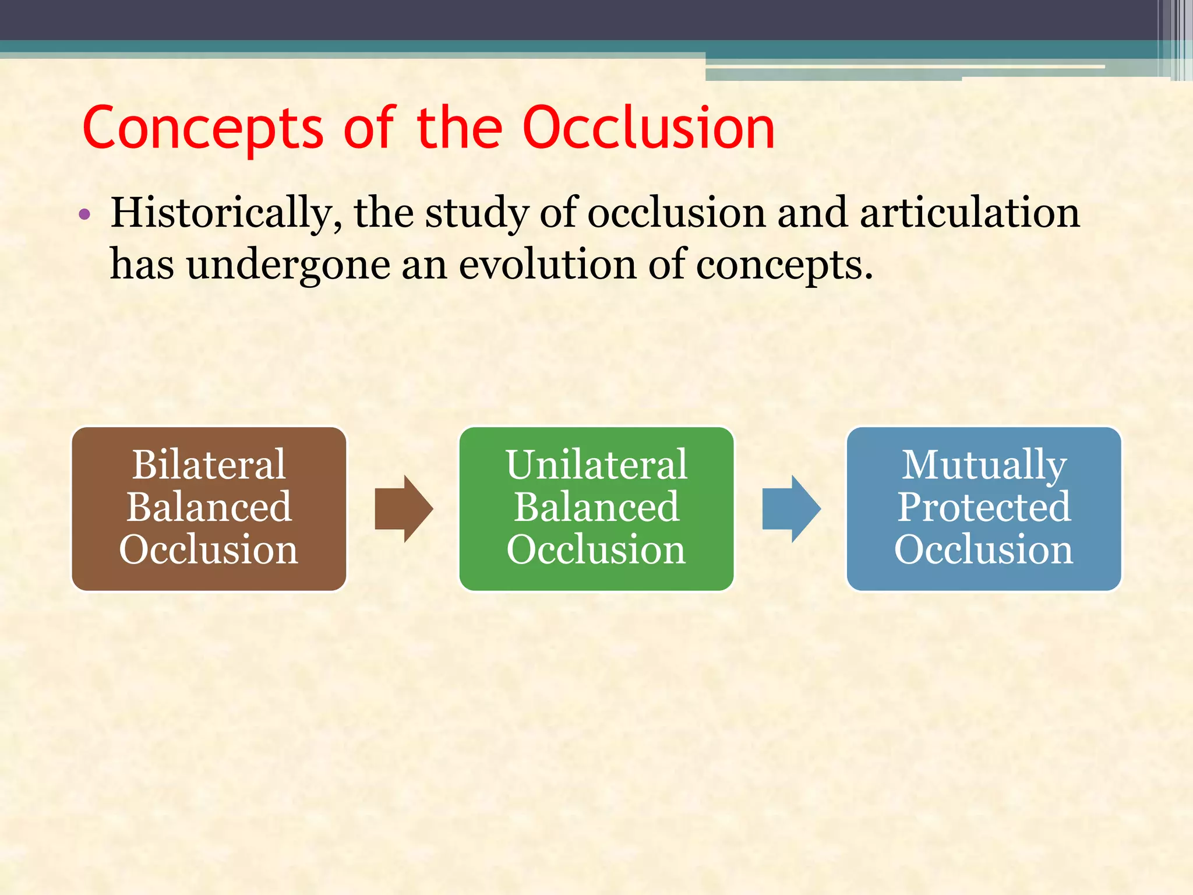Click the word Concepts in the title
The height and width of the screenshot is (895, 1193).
203,129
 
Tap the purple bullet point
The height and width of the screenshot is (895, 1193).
85,214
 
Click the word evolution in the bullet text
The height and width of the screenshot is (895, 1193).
548,265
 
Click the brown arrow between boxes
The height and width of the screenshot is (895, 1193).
404,509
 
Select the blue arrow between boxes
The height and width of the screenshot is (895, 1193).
791,509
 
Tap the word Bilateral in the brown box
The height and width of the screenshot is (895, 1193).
209,465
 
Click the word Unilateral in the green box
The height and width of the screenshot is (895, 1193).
596,465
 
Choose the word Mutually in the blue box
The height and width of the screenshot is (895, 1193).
984,465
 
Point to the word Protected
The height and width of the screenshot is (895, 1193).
984,507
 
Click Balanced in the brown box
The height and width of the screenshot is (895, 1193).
209,507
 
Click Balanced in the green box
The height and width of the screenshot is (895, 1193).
596,507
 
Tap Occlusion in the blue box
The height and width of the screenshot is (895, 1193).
984,549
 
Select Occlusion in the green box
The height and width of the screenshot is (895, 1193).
596,549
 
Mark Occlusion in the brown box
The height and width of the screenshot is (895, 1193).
209,549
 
